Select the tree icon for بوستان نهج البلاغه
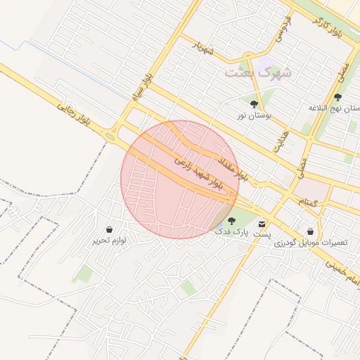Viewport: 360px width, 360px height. point(338,98)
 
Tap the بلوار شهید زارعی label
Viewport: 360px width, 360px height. point(198,174)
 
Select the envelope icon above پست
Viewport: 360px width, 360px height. point(262,222)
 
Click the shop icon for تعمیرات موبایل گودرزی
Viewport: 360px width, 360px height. point(310,231)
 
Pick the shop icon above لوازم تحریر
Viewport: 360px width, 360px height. point(110,229)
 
